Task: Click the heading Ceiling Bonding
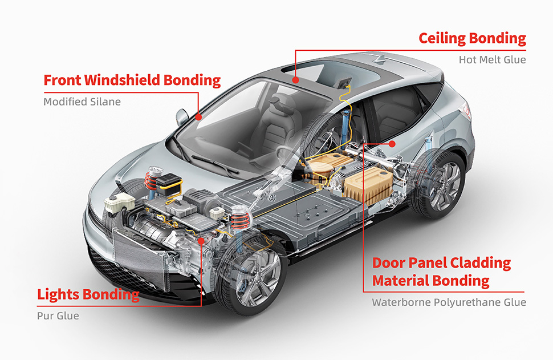click(472, 39)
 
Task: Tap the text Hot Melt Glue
click(492, 59)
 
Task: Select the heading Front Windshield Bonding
click(132, 80)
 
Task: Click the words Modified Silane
click(82, 102)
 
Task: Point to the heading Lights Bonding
click(88, 295)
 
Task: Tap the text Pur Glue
click(58, 315)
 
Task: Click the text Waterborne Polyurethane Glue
click(449, 302)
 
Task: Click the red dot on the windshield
click(198, 116)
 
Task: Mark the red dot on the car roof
click(295, 80)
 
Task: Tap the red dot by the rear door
click(392, 144)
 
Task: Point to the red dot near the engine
click(201, 241)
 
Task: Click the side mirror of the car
click(182, 117)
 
